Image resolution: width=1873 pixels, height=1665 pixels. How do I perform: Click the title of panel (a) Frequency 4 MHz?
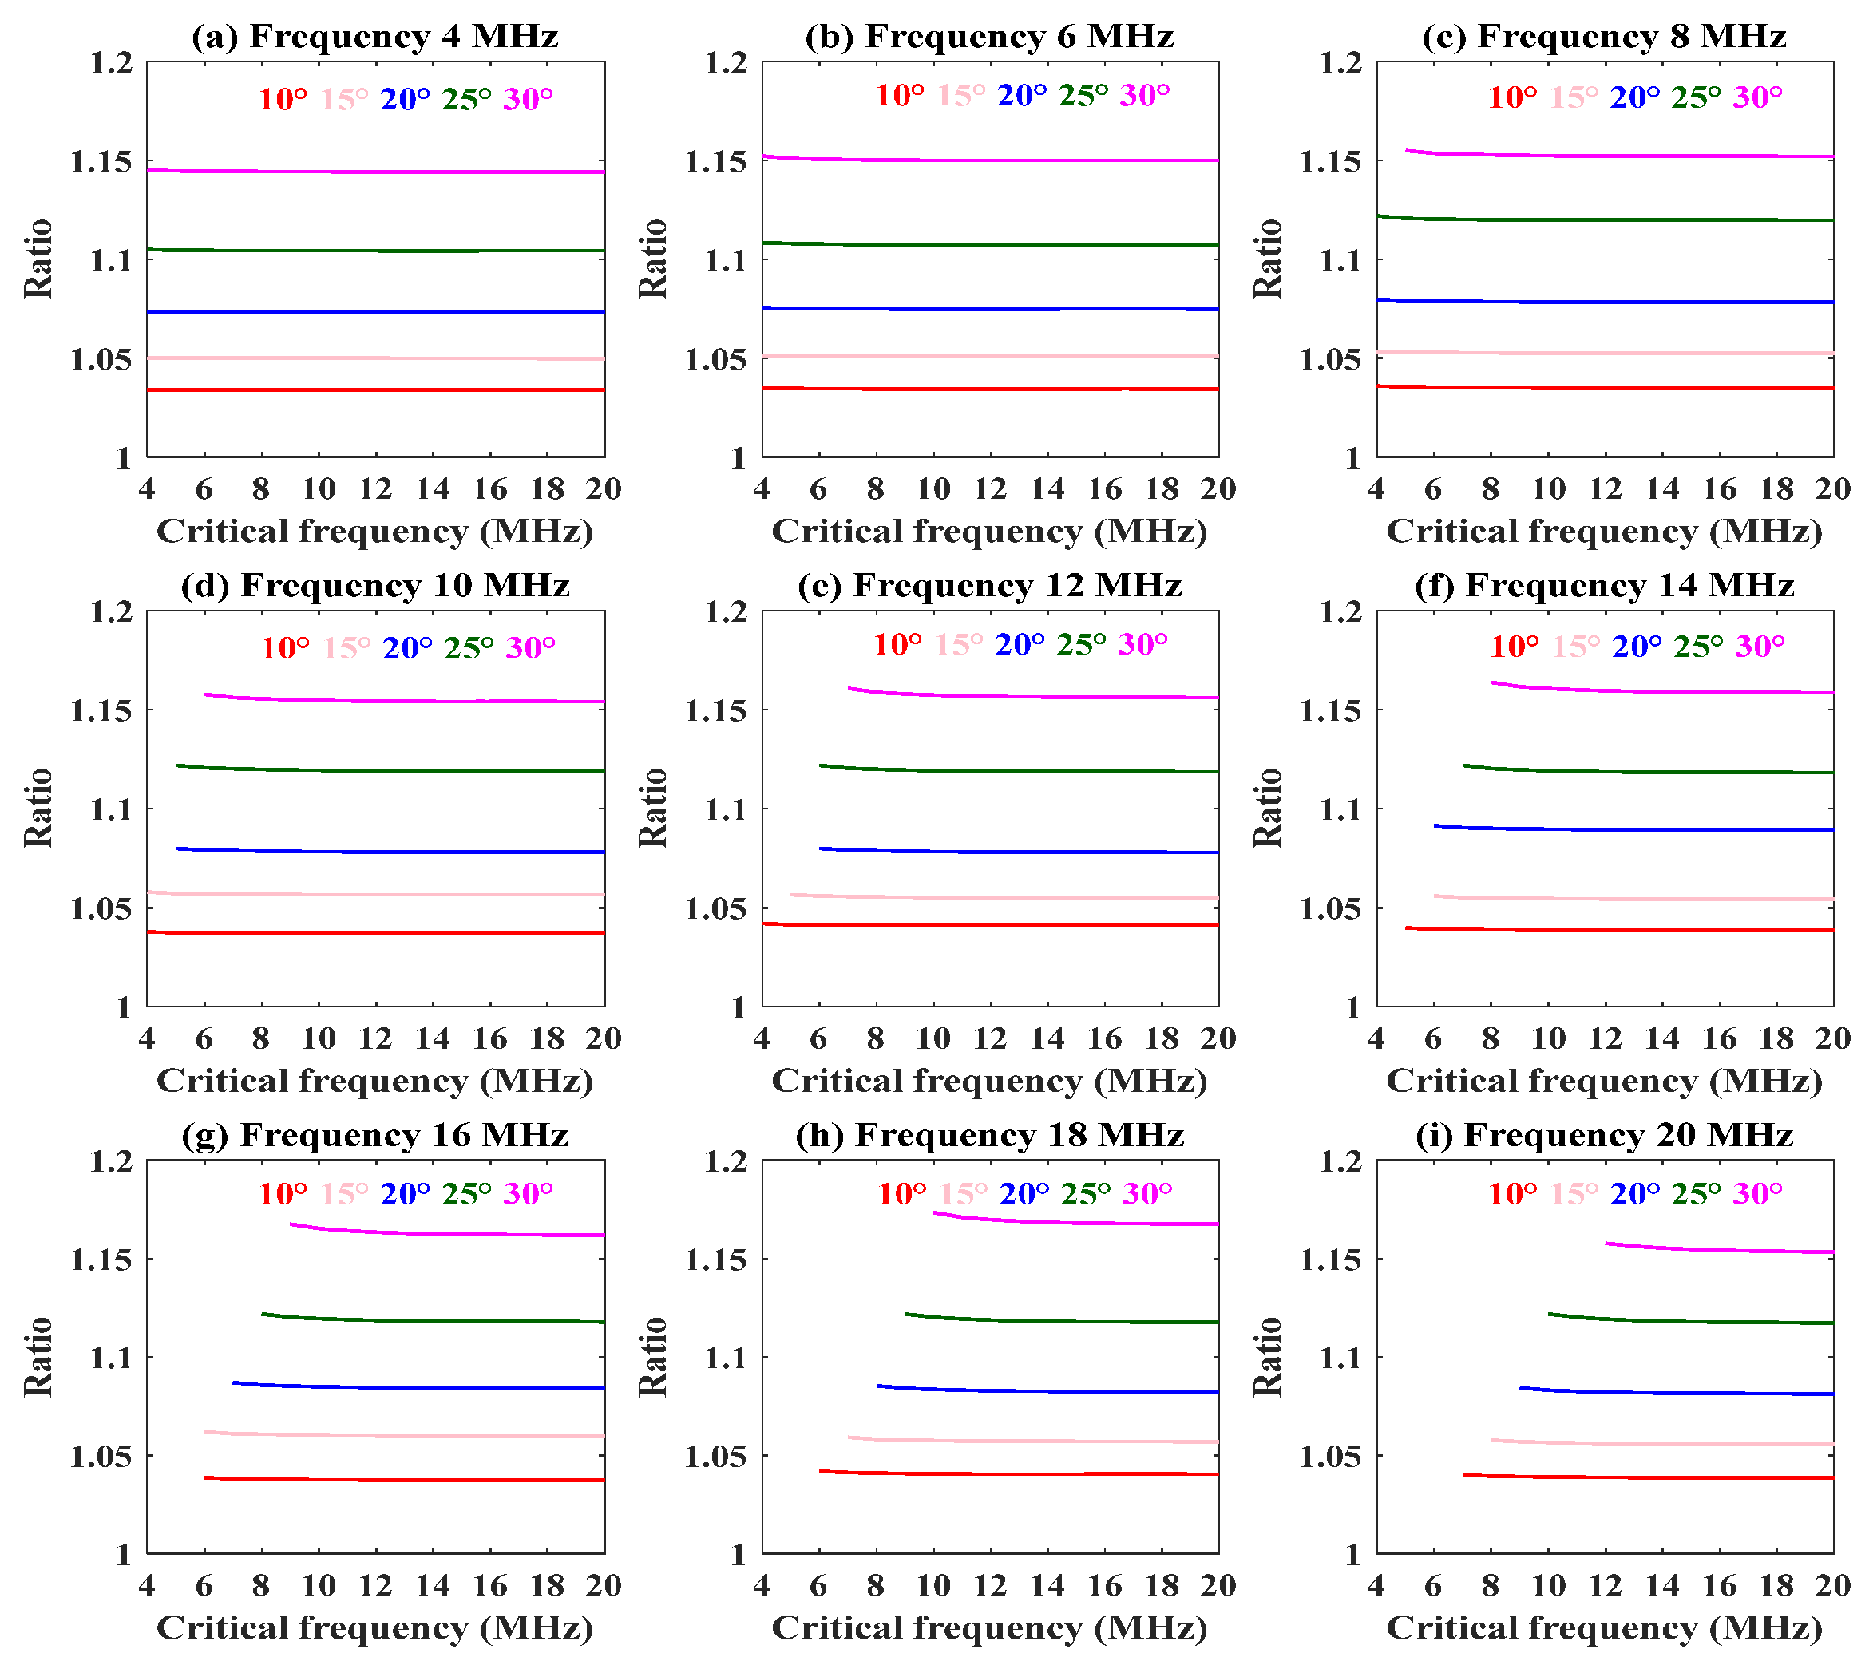(374, 37)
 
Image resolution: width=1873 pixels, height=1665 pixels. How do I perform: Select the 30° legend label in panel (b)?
(1145, 95)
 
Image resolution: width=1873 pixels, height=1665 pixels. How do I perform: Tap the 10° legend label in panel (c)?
(1512, 97)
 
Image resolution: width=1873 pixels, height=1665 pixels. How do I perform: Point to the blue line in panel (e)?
(1017, 852)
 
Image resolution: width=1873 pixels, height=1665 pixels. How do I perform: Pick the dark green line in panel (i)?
(1695, 1321)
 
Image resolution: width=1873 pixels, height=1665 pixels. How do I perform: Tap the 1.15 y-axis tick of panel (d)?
(101, 710)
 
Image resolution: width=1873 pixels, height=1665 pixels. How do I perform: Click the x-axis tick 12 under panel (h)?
(990, 1586)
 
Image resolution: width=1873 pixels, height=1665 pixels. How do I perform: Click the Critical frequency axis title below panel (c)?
(1604, 532)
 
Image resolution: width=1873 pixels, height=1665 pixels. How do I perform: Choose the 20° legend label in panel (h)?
(1024, 1194)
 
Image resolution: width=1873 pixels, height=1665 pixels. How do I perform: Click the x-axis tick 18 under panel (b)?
(1161, 489)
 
